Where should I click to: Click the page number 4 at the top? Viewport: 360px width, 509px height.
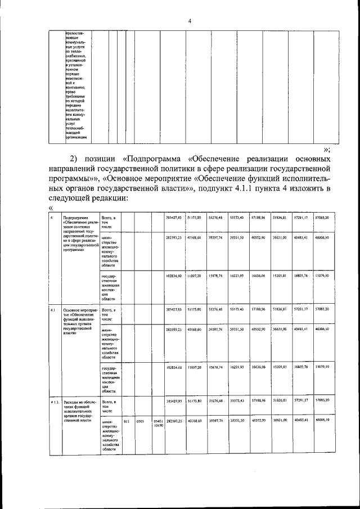pos(190,21)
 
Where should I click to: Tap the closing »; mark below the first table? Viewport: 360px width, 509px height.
pos(327,149)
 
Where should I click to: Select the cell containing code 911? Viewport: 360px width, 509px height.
pos(127,420)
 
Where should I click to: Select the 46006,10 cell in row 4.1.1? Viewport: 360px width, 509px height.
pos(322,420)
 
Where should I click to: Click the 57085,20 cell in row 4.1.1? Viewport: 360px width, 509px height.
pos(322,401)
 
